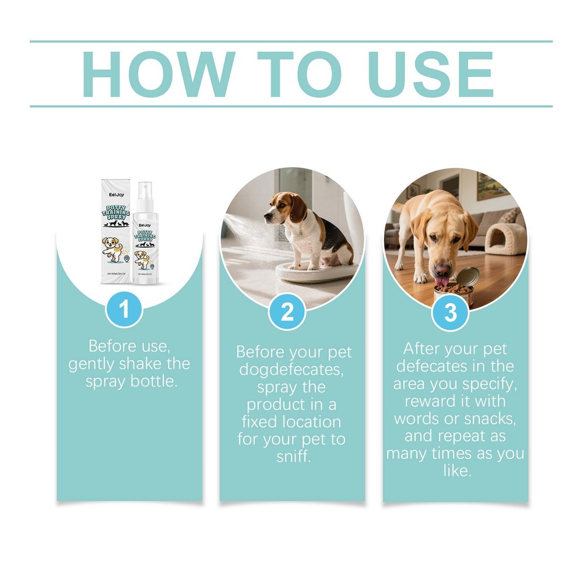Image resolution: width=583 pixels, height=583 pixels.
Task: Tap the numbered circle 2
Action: (x=287, y=312)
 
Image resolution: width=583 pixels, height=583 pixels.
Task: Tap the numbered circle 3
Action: (x=451, y=312)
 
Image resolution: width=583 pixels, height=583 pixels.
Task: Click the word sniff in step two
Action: (x=294, y=456)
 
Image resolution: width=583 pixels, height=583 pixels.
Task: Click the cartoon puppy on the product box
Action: (x=115, y=248)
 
